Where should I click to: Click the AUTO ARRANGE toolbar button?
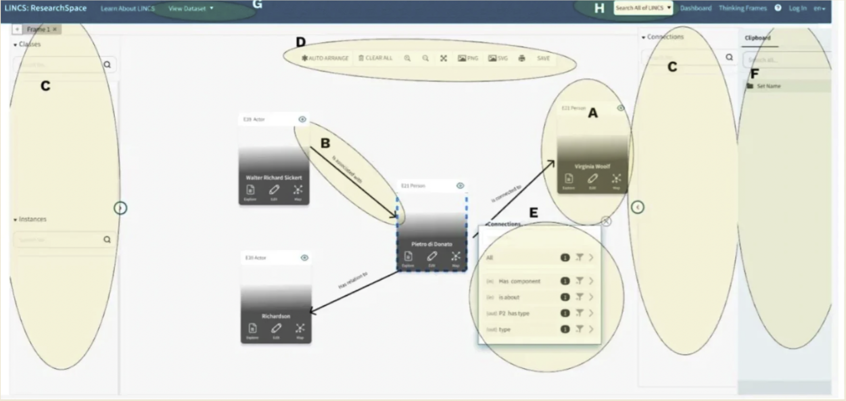[325, 58]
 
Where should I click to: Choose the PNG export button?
[468, 58]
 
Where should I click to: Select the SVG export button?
[498, 58]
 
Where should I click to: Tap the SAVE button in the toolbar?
[543, 58]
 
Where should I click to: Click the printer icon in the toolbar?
[522, 58]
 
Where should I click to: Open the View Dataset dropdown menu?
[191, 8]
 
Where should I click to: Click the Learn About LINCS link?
[128, 8]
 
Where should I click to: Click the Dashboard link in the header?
[696, 8]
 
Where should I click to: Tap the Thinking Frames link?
[743, 8]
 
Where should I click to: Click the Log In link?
[797, 8]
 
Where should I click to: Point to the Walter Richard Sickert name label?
[274, 177]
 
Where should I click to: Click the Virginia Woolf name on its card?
[592, 166]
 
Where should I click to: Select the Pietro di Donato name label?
[432, 244]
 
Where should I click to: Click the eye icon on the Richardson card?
[304, 258]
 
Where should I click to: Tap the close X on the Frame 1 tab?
[55, 29]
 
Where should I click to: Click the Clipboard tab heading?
[757, 38]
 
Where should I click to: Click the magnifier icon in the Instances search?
[107, 239]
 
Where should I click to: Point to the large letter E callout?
[533, 212]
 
